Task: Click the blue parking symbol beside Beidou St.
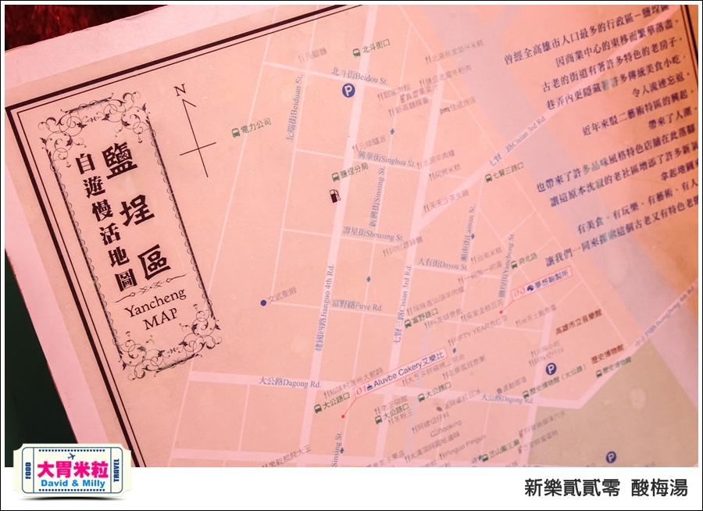[x=348, y=91]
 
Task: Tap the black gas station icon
[x=335, y=195]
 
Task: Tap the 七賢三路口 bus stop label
[x=504, y=168]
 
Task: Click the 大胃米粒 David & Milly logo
[x=72, y=470]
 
